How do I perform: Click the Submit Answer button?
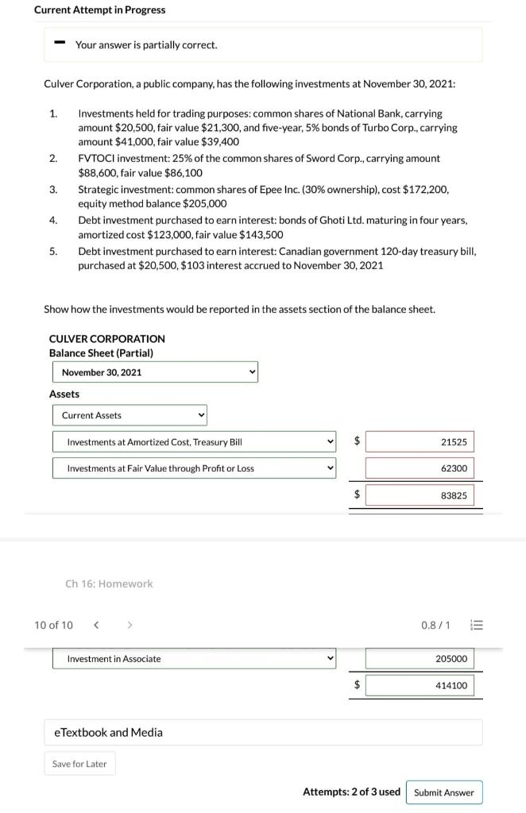pos(444,792)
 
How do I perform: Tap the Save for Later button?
pos(79,764)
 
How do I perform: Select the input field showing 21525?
pos(420,442)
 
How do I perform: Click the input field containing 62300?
pos(420,468)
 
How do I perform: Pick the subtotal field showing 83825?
pos(420,495)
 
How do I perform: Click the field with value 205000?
pos(420,659)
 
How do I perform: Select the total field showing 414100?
pos(420,685)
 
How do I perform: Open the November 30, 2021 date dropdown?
pos(156,372)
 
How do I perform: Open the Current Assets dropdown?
pos(130,415)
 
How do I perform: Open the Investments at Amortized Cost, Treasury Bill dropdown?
pos(195,442)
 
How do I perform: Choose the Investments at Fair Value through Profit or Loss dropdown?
pos(195,468)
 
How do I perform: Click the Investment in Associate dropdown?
pos(195,659)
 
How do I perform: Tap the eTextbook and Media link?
pos(108,732)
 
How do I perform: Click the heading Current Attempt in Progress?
pos(100,10)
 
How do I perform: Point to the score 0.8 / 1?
pos(435,625)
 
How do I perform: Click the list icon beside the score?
pos(478,625)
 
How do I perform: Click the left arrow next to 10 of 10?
pos(96,625)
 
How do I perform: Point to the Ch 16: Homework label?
pos(109,584)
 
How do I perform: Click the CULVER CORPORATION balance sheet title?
pos(107,339)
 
